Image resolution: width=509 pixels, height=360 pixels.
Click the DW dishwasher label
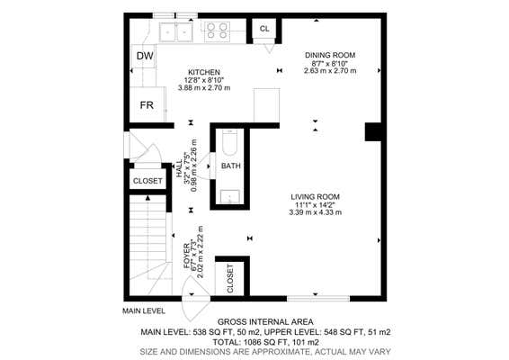[145, 56]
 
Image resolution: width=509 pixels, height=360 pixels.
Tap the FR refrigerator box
[147, 104]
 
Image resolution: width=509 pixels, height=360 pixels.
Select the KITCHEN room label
[204, 72]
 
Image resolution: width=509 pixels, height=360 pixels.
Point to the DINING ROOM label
[330, 55]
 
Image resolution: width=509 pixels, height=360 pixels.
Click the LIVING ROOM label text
[316, 197]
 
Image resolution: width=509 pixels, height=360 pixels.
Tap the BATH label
[231, 166]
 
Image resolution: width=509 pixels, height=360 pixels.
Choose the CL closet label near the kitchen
[264, 29]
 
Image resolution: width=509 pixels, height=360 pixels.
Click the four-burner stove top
[217, 31]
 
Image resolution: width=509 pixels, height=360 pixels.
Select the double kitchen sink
[176, 31]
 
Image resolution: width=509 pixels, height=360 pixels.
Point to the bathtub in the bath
[230, 142]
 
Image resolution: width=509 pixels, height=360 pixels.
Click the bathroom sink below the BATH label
[230, 196]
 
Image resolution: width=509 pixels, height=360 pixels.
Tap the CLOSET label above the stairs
[147, 181]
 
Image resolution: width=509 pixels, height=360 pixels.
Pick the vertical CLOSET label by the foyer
[230, 278]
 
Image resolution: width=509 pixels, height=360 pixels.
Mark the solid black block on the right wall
[373, 131]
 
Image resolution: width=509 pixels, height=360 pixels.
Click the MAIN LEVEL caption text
[144, 310]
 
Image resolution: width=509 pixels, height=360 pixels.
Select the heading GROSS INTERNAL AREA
[265, 322]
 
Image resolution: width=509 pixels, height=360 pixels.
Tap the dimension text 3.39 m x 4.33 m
[316, 212]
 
